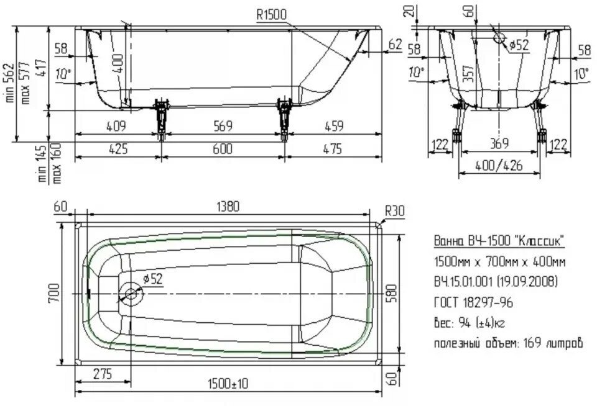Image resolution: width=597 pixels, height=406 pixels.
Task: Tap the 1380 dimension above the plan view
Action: (226, 207)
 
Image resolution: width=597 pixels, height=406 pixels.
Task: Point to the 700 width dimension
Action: (55, 292)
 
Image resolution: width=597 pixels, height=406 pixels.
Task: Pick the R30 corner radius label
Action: (394, 211)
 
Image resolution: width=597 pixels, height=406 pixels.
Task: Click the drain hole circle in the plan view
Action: (131, 293)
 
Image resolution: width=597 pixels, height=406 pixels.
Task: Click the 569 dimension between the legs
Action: (222, 127)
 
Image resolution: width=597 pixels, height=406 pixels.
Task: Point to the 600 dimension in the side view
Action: (222, 149)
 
